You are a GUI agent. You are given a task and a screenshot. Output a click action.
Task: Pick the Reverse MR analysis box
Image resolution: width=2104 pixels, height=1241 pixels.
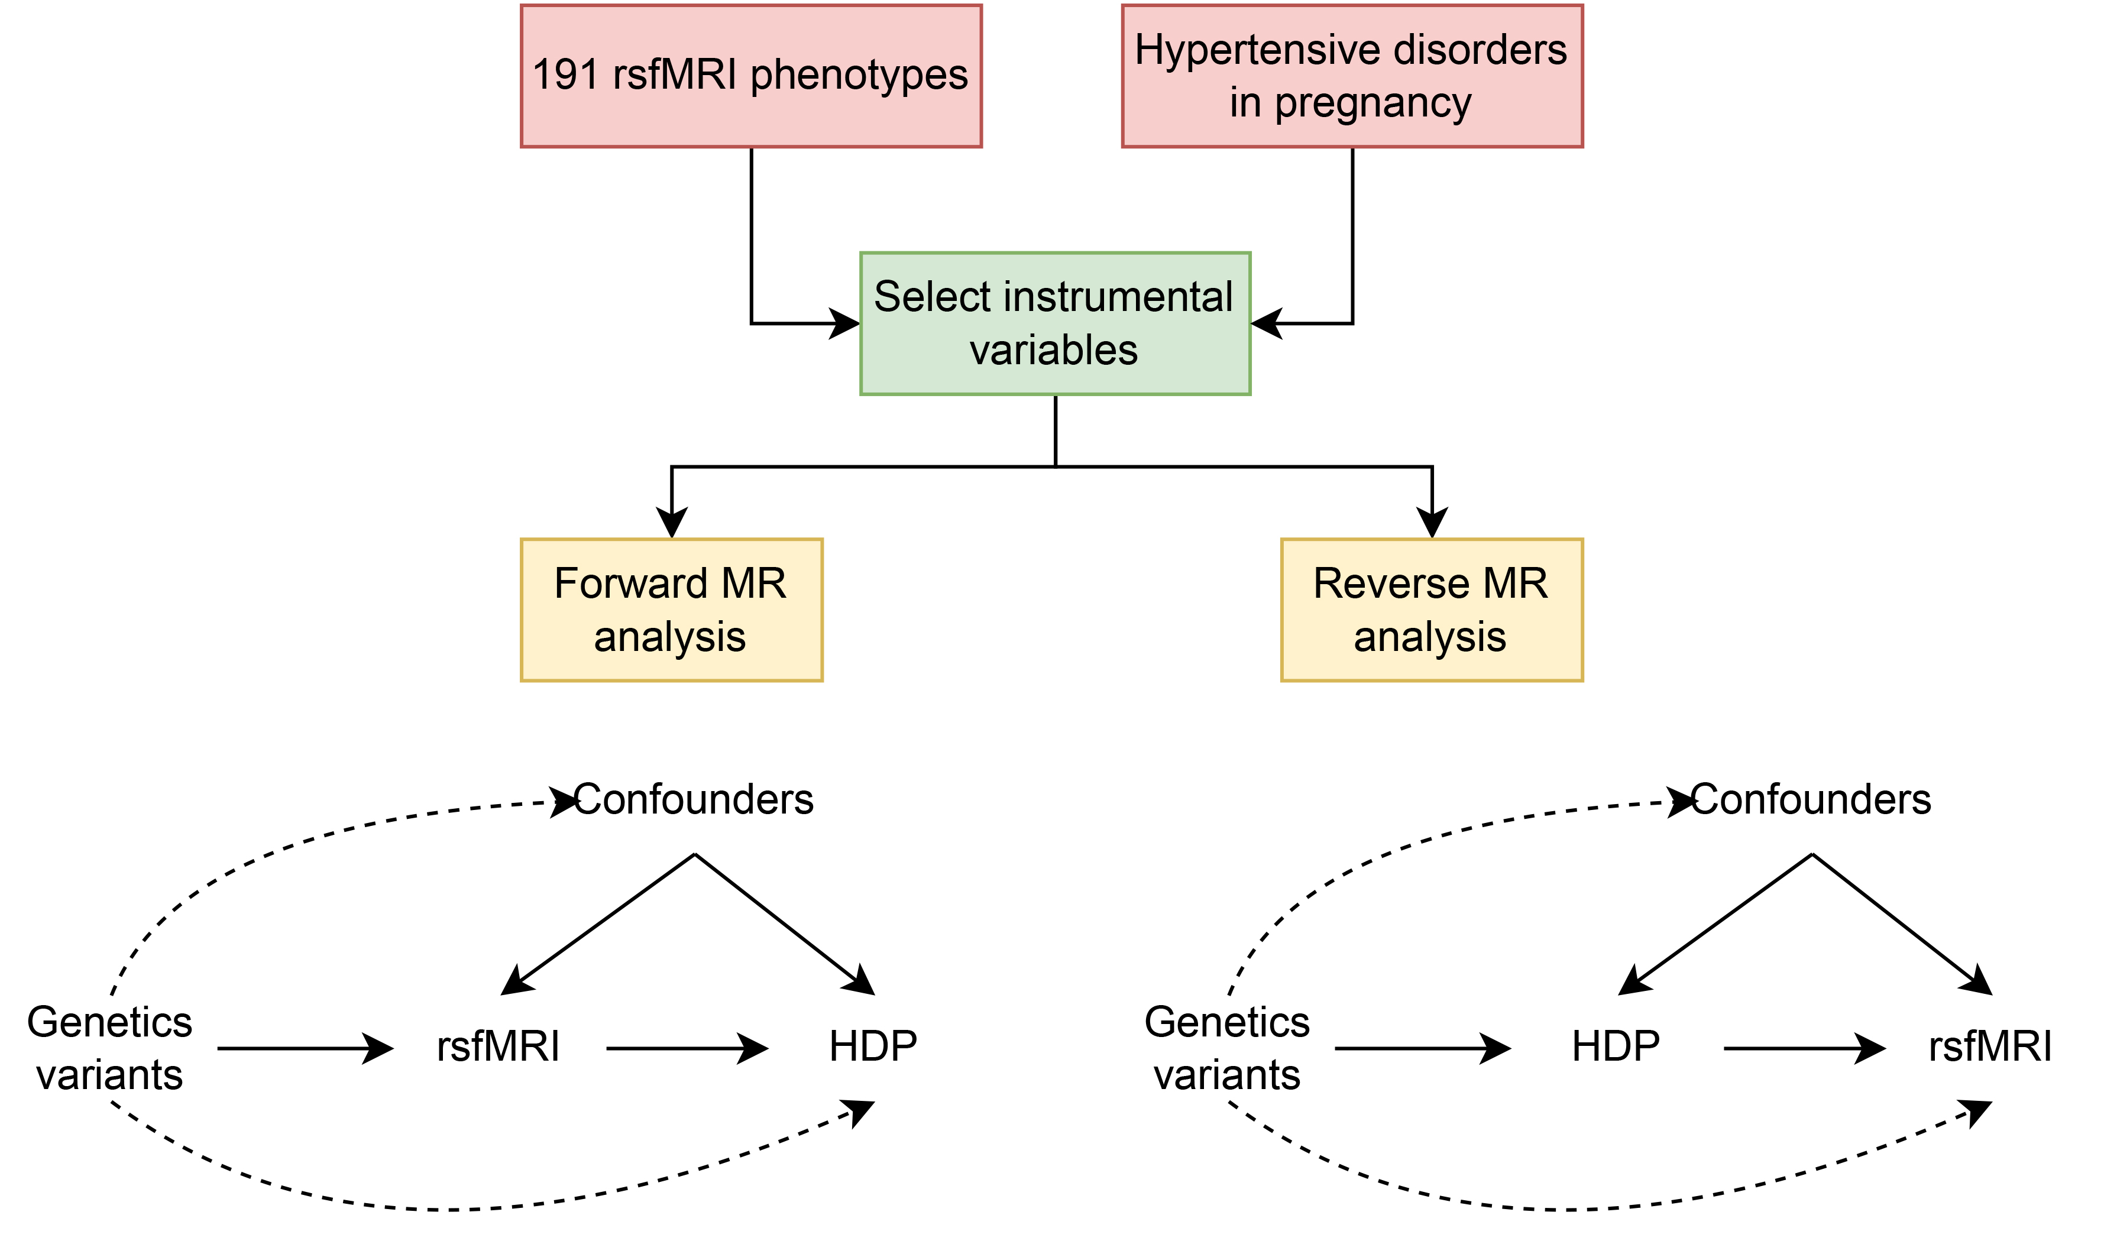[1431, 610]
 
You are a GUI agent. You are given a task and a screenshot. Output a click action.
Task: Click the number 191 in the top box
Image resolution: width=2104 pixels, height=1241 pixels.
[565, 75]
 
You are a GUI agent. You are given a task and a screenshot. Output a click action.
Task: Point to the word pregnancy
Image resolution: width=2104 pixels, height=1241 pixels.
[1373, 103]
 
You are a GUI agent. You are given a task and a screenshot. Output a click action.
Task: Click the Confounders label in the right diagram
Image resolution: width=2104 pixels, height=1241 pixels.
[1811, 799]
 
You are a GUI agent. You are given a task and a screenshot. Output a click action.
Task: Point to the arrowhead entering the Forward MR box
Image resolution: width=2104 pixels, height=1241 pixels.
[672, 523]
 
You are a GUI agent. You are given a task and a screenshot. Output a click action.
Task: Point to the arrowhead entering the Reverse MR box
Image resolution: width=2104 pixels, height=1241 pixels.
[1432, 523]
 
